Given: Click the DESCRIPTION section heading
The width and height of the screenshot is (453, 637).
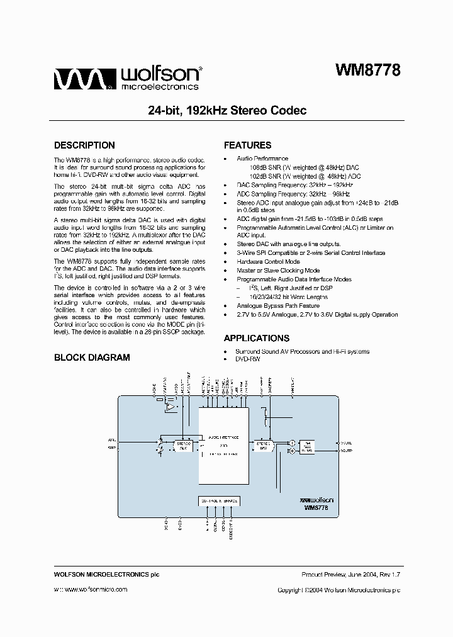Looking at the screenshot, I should point(84,145).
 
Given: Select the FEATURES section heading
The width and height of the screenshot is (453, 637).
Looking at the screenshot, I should point(247,145).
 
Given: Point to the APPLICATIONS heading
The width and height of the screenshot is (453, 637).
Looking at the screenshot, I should point(256,338).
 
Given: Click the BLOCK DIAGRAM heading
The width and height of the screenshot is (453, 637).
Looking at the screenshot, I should point(92,358).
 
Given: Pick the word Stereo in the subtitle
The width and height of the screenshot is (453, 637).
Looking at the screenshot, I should point(236,111).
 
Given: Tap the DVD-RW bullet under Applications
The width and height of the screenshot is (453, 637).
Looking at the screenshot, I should point(247,359).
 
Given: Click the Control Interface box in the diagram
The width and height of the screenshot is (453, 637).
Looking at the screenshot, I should point(218,500).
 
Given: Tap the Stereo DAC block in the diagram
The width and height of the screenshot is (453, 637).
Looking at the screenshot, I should point(263,445).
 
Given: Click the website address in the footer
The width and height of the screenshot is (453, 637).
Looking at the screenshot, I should point(91,590).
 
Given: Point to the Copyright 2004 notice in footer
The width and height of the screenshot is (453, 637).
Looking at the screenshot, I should point(338,590).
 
